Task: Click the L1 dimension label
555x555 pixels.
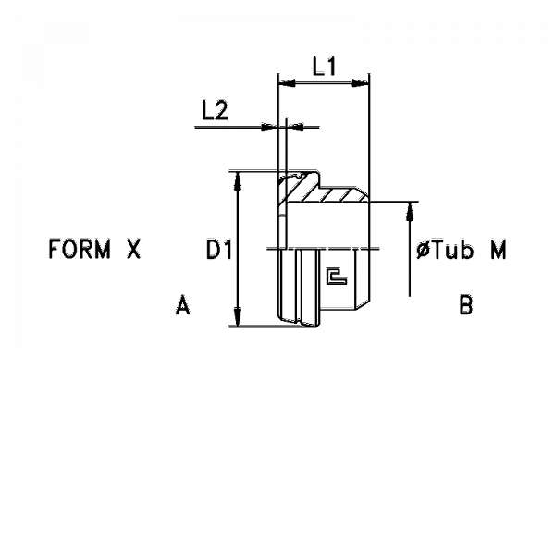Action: pos(324,67)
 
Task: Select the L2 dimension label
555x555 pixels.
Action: pos(215,110)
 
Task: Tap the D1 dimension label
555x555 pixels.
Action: pos(219,250)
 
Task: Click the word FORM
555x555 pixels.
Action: pos(80,249)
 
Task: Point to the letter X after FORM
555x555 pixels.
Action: pos(134,249)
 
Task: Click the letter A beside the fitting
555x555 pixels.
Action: pos(182,305)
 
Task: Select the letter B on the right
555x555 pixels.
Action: pos(466,305)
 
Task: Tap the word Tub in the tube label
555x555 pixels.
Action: pos(451,250)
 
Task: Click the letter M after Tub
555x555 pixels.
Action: pos(499,250)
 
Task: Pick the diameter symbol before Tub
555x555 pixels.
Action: pos(423,251)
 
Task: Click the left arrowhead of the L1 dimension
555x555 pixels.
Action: pos(287,83)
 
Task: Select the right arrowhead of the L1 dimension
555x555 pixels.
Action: pos(361,83)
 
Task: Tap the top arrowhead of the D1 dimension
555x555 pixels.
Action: pos(238,181)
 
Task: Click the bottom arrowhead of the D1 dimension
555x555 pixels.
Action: pos(238,316)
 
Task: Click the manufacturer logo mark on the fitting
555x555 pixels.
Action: pos(337,277)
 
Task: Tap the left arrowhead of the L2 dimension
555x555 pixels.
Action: pos(269,127)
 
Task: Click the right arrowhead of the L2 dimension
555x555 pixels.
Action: pos(295,127)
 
